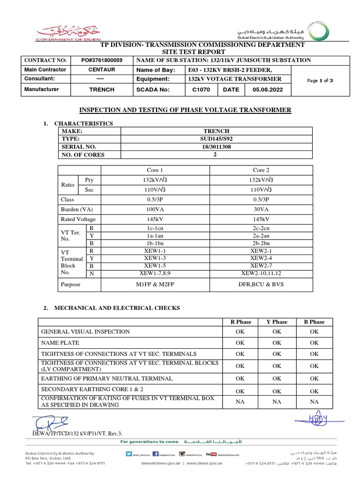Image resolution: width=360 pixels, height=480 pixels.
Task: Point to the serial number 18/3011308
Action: pyautogui.click(x=216, y=147)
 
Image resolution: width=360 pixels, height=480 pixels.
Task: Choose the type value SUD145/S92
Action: pyautogui.click(x=216, y=139)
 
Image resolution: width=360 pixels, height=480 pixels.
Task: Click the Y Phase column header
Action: pyautogui.click(x=277, y=322)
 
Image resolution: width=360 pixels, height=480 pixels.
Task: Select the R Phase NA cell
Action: pyautogui.click(x=240, y=402)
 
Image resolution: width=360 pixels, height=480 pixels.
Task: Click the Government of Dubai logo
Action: pyautogui.click(x=63, y=32)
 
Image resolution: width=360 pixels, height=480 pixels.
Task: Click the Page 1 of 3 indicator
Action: pyautogui.click(x=320, y=81)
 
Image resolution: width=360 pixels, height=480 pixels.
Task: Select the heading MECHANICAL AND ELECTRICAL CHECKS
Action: pyautogui.click(x=117, y=308)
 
